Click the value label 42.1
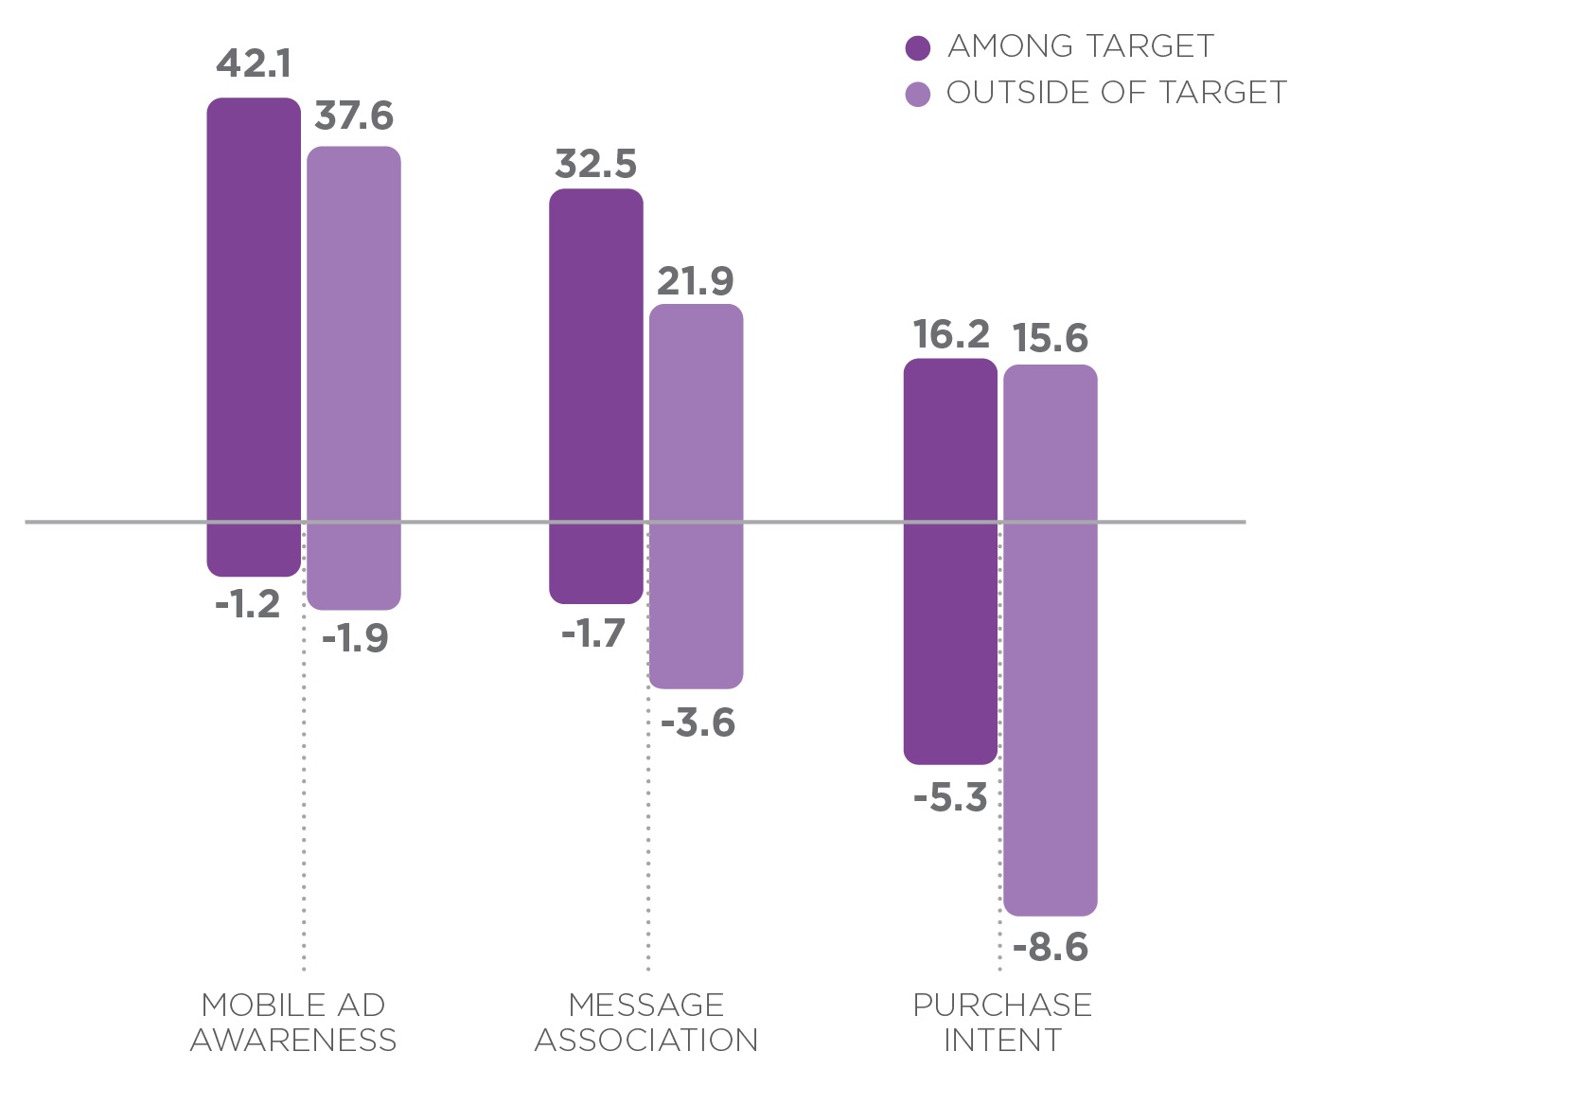[x=254, y=63]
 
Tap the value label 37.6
[x=354, y=116]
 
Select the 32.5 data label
[x=595, y=164]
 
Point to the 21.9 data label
[x=696, y=281]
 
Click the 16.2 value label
[x=951, y=334]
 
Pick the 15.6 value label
[x=1051, y=339]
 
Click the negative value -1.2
[x=248, y=604]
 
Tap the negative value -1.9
[x=355, y=638]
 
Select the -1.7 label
[x=593, y=633]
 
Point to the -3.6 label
[x=698, y=722]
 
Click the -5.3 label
[x=950, y=797]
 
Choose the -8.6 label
[x=1051, y=947]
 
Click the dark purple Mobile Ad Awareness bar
[x=254, y=336]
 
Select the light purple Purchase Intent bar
[x=1051, y=639]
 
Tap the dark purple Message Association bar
[x=596, y=396]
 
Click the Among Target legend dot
[x=918, y=47]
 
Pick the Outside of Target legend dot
[x=918, y=94]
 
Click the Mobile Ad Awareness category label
[x=293, y=1023]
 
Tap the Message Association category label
[x=646, y=1023]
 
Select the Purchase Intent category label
[x=1002, y=1023]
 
